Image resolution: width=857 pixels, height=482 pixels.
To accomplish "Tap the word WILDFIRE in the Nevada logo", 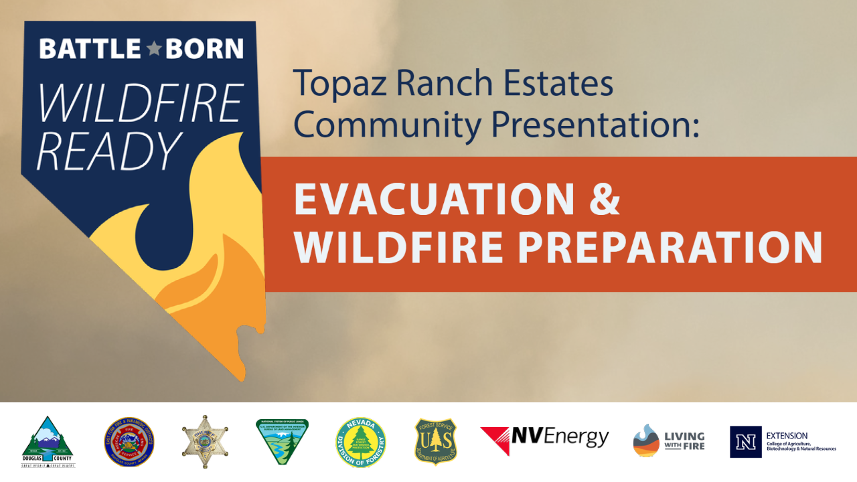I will (139, 104).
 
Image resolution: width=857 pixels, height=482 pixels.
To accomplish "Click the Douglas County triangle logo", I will (48, 442).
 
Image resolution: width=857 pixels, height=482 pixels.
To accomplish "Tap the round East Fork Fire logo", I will (129, 443).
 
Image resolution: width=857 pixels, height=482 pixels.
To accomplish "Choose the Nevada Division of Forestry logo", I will (360, 443).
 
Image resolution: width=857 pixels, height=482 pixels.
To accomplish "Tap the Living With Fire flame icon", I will (646, 441).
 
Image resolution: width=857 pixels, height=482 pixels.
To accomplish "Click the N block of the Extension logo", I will (745, 442).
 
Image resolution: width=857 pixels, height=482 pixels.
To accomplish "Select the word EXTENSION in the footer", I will (787, 436).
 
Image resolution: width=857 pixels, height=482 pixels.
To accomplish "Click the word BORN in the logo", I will (205, 49).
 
